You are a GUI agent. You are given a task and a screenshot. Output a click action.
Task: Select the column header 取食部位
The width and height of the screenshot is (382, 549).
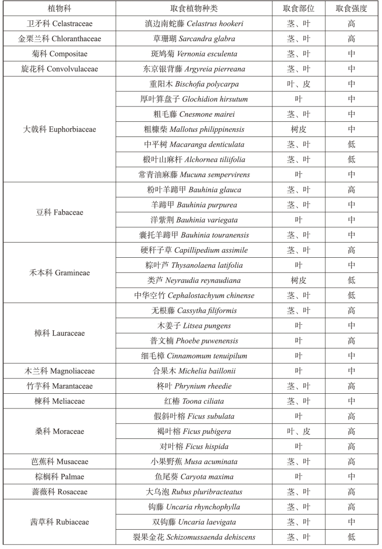[x=298, y=9]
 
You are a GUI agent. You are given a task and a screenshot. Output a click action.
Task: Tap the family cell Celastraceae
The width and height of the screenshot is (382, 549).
[x=59, y=24]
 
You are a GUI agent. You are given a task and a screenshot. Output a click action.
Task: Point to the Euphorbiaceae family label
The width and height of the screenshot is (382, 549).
[x=59, y=129]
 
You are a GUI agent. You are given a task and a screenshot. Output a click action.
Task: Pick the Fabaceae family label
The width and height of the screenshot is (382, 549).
[x=59, y=213]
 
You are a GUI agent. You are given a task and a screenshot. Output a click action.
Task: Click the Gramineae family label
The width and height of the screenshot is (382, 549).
[x=59, y=273]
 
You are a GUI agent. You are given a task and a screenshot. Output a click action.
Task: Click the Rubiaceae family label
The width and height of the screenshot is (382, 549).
[x=59, y=522]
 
